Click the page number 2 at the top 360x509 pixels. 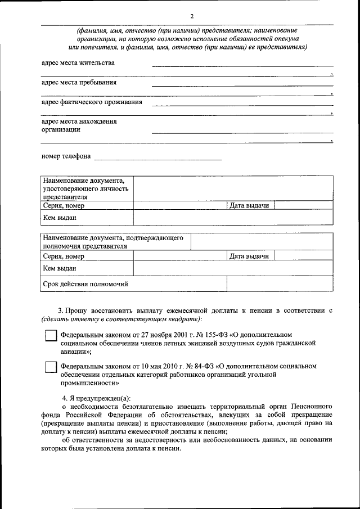pyautogui.click(x=192, y=16)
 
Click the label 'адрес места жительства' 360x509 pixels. pyautogui.click(x=78, y=63)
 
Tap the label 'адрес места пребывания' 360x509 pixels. pyautogui.click(x=79, y=83)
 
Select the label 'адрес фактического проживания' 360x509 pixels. pyautogui.click(x=92, y=102)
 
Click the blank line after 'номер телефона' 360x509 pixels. pyautogui.click(x=157, y=160)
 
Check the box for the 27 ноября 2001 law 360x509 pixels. pyautogui.click(x=51, y=336)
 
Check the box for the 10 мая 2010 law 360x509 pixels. pyautogui.click(x=51, y=367)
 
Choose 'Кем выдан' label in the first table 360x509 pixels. pyautogui.click(x=59, y=217)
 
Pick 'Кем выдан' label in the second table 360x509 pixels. pyautogui.click(x=59, y=269)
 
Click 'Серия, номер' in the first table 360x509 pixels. pyautogui.click(x=64, y=206)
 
